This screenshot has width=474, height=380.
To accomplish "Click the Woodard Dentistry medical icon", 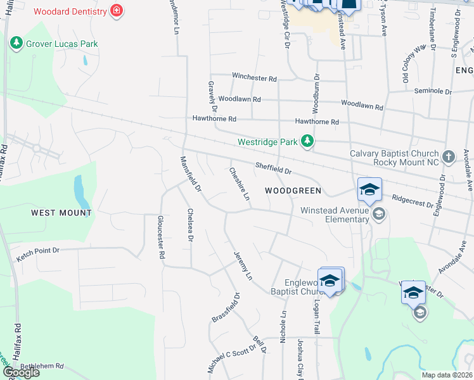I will pos(116,11).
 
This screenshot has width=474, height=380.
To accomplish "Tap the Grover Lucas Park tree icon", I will pos(16,44).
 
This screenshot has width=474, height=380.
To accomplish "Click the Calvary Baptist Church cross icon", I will pos(449,156).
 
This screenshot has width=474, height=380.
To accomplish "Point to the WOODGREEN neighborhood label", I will pos(293,191).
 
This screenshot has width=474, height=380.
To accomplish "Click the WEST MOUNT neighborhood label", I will pos(61,213).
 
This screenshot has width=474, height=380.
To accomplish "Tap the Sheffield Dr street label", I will pos(273,168).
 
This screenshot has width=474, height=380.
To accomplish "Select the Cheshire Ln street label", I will pos(240,184).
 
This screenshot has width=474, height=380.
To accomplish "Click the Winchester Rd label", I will pos(254,78).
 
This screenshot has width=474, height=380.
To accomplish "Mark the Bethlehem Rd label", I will pos(42,366).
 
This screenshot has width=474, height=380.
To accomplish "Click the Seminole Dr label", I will pos(433,91).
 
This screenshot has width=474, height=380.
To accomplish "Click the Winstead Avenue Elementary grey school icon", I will pos(378,213).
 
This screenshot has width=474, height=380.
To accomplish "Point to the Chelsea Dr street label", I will pos(189,225).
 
